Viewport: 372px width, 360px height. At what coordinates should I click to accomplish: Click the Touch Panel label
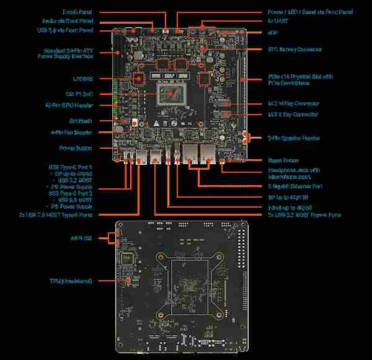(78, 12)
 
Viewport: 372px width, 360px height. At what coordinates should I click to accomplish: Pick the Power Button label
(76, 148)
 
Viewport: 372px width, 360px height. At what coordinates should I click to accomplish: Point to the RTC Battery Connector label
(294, 48)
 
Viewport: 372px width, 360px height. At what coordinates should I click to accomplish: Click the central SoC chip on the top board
(174, 96)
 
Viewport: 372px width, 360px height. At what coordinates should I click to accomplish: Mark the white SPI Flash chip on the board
(125, 121)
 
